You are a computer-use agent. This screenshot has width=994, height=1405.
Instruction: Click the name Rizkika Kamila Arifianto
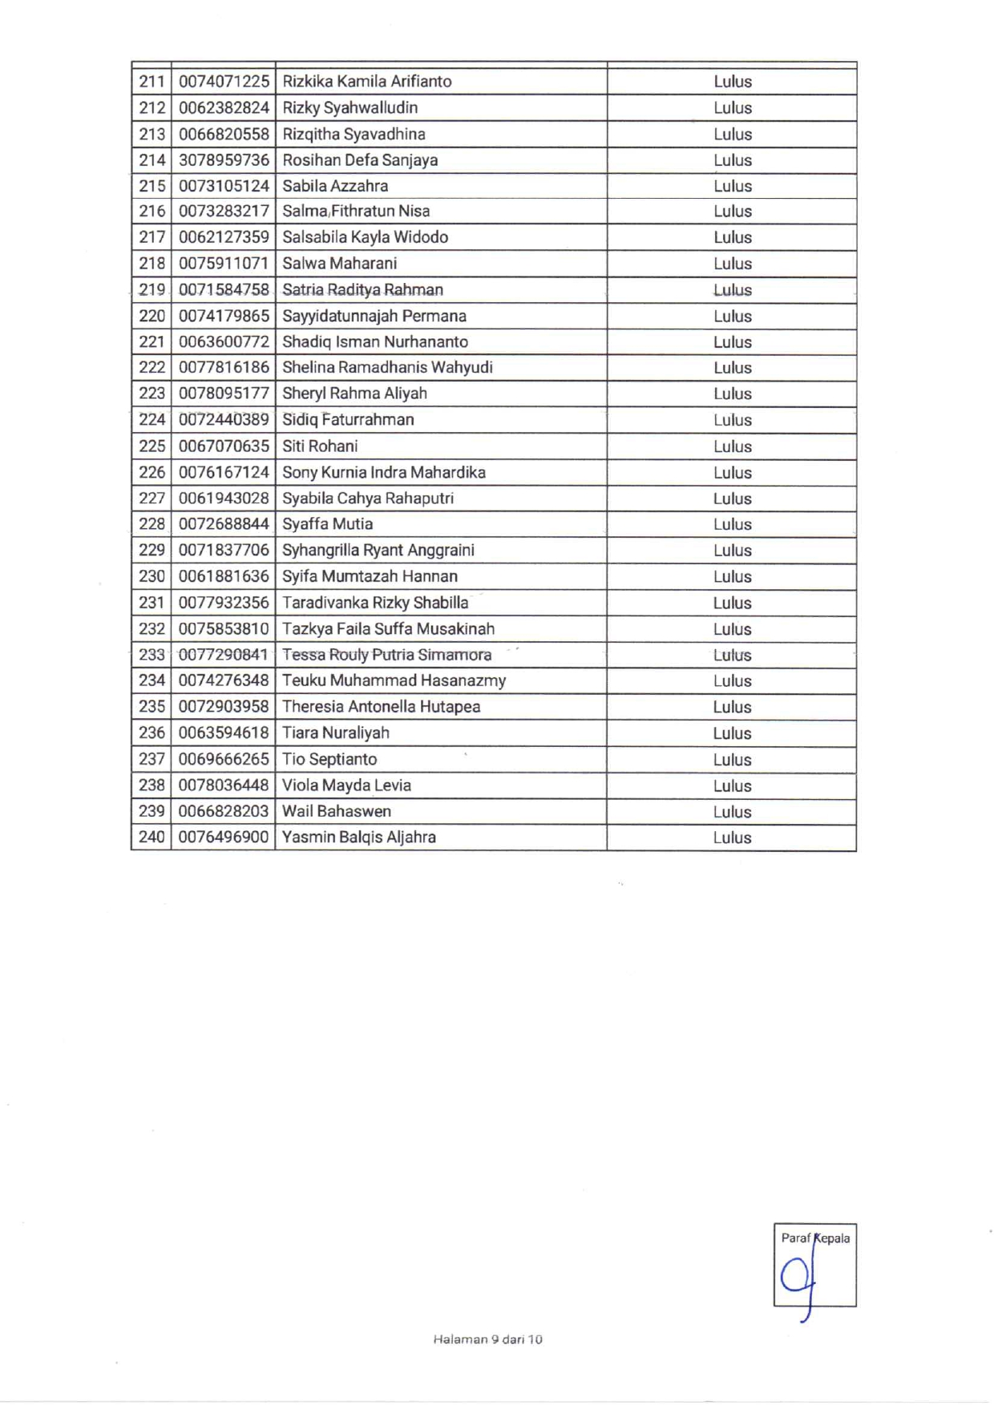point(367,82)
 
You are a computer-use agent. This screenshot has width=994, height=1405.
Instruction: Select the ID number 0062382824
point(224,108)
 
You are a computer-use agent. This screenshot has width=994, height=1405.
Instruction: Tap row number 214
point(152,160)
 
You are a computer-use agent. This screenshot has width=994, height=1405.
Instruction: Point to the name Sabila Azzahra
point(335,186)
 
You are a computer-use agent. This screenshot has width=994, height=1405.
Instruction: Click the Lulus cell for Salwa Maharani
point(732,264)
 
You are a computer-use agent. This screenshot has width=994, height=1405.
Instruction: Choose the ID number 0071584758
point(224,290)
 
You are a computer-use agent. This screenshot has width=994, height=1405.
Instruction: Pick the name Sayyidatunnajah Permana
point(374,316)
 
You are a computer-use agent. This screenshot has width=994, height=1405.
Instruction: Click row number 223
point(152,394)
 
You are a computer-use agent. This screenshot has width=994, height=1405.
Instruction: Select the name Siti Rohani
point(320,446)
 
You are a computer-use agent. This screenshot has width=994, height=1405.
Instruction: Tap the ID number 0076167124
point(224,473)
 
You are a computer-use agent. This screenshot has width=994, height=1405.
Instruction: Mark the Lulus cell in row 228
point(732,524)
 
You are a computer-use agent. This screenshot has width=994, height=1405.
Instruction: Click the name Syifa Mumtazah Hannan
point(370,576)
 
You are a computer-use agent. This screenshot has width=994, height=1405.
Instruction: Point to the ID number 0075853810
point(224,629)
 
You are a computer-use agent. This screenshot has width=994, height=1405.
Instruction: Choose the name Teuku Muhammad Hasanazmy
point(394,681)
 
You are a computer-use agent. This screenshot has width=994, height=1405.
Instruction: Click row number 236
point(152,733)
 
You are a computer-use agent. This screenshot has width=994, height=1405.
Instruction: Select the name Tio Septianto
point(329,759)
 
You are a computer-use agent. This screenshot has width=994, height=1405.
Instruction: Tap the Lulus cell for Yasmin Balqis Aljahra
point(732,838)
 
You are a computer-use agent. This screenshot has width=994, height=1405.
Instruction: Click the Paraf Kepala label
point(815,1238)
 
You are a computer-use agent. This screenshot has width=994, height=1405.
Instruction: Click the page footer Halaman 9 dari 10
point(487,1339)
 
